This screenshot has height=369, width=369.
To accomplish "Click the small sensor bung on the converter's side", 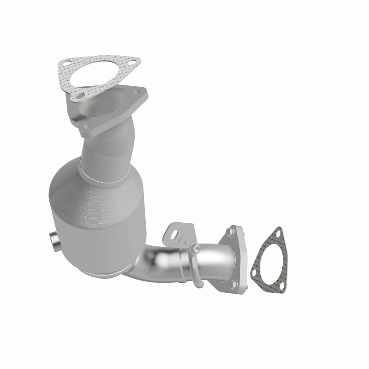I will (x=54, y=240).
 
